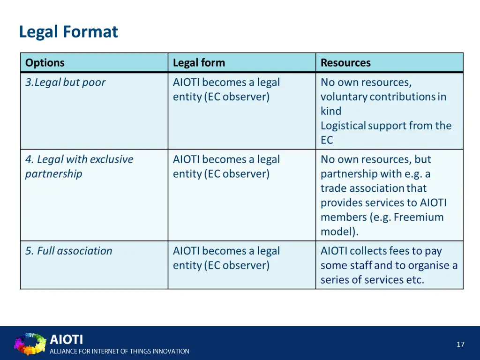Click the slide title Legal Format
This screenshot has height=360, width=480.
point(68,32)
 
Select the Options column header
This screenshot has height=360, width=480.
point(45,63)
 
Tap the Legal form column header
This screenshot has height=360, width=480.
point(199,63)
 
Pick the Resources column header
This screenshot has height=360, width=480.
point(345,63)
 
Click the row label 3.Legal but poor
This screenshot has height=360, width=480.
point(66,82)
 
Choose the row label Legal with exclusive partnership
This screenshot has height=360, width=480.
point(79,166)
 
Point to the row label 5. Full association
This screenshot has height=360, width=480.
point(69,251)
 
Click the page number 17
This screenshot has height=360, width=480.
point(460,345)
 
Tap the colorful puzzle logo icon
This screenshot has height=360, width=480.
point(30,344)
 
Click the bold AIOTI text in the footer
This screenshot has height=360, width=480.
point(66,339)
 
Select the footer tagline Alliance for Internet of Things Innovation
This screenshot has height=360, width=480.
point(120,351)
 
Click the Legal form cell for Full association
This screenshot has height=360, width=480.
point(226,258)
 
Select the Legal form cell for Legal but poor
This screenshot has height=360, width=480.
point(226,90)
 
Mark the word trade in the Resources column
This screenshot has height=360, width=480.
point(332,188)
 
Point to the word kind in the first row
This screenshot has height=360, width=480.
point(331,111)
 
